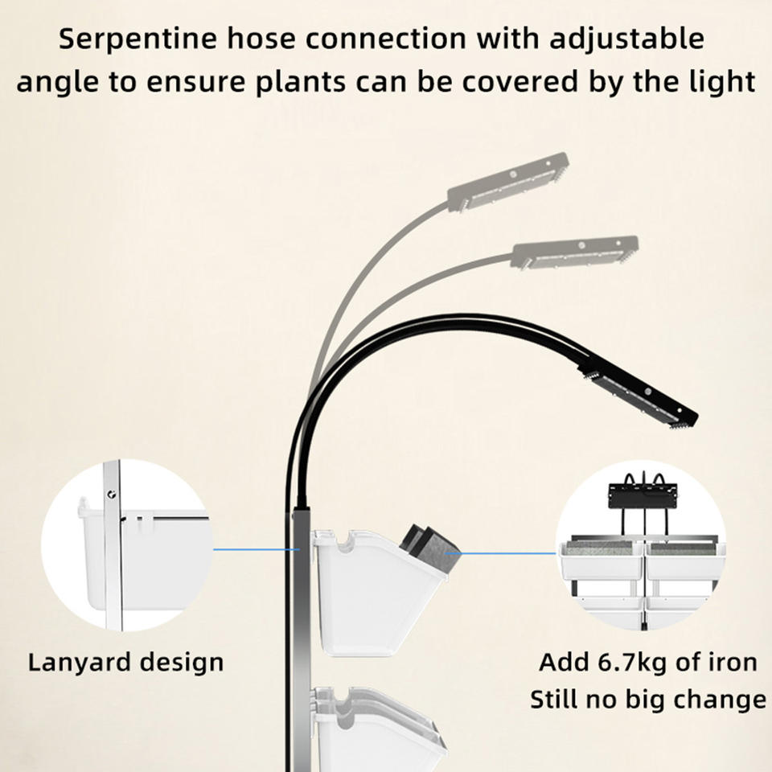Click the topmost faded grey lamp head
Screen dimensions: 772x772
[508, 182]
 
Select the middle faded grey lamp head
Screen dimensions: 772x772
[576, 252]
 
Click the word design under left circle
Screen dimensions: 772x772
[182, 663]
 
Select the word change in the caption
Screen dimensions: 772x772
[720, 700]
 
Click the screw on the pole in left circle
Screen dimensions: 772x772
[112, 494]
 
